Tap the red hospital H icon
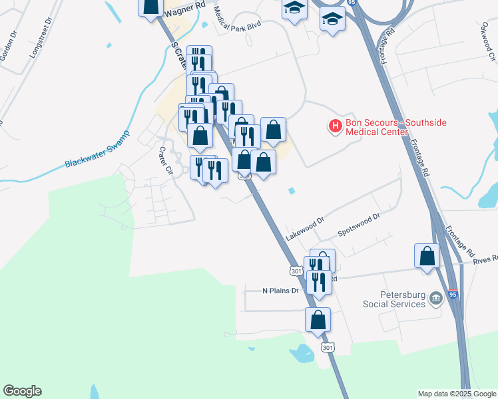336,125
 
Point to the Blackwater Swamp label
97,155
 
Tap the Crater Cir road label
165,160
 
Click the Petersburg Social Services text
393,299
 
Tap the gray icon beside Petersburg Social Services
436,298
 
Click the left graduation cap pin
293,9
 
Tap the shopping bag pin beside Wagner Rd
151,5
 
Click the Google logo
22,391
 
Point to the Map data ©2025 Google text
457,394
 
